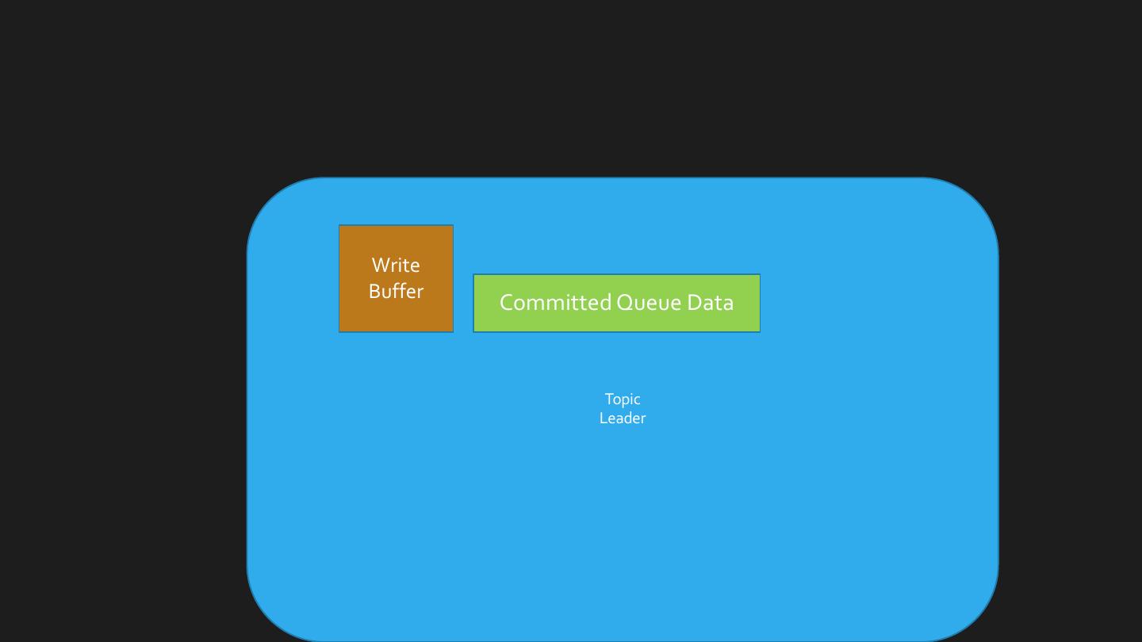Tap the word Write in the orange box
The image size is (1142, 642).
pos(396,265)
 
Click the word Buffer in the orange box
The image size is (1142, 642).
pos(396,291)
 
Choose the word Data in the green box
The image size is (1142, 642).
pos(710,302)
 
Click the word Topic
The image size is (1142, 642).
pos(623,399)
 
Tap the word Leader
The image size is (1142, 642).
pos(623,418)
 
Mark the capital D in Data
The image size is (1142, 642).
pos(694,302)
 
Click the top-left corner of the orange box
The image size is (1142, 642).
pos(340,226)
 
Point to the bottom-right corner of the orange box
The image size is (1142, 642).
pos(452,331)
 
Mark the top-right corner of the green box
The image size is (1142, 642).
pos(759,276)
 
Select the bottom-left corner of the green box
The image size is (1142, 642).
pos(474,331)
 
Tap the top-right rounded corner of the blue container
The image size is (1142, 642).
pos(975,201)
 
